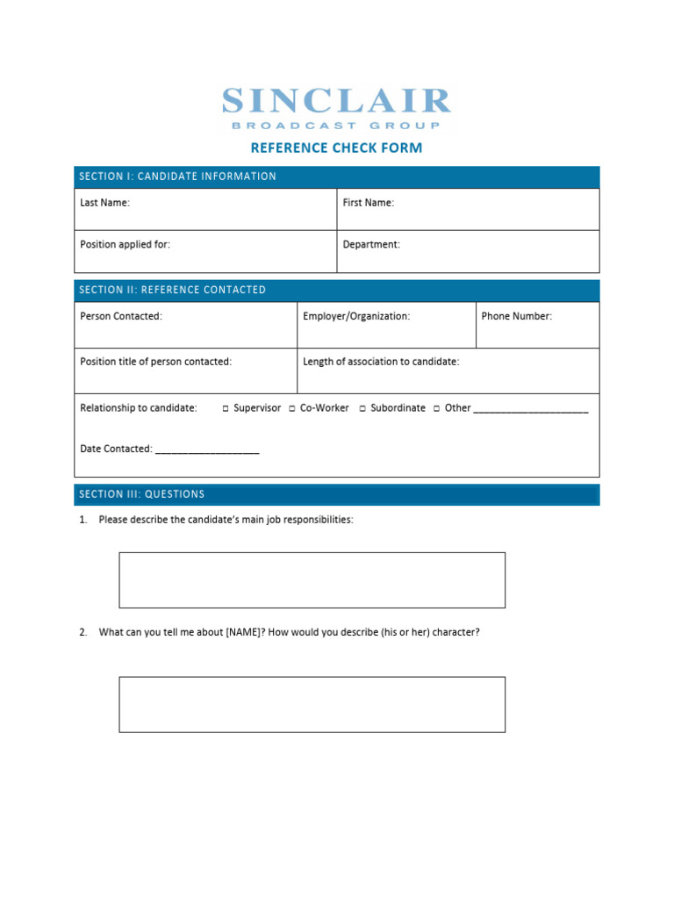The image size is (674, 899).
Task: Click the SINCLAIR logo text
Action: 336,101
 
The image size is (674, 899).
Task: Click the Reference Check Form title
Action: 336,147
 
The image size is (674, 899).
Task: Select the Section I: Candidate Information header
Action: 177,176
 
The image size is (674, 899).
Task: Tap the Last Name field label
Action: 104,203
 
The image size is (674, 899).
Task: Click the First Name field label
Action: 368,203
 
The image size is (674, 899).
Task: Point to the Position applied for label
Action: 125,245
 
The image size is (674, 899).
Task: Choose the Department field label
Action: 371,245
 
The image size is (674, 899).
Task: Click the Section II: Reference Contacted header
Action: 172,290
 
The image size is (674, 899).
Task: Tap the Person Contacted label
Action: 121,316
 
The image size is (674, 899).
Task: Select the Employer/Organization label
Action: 356,316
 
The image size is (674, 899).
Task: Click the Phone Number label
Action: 516,316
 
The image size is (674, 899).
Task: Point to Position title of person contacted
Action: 155,362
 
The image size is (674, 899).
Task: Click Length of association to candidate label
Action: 381,362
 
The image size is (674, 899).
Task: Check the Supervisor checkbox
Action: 226,409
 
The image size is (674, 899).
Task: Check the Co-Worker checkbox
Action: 292,409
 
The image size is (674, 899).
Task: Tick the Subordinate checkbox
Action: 362,409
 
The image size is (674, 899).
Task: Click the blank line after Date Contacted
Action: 206,450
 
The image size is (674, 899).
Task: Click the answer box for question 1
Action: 312,580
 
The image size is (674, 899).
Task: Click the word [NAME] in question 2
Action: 243,632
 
